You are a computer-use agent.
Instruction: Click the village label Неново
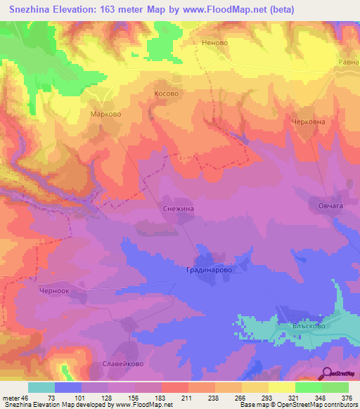pyautogui.click(x=214, y=43)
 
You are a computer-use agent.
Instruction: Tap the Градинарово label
pyautogui.click(x=209, y=269)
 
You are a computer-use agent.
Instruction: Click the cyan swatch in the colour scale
pyautogui.click(x=41, y=387)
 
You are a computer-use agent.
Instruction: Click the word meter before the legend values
pyautogui.click(x=11, y=398)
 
